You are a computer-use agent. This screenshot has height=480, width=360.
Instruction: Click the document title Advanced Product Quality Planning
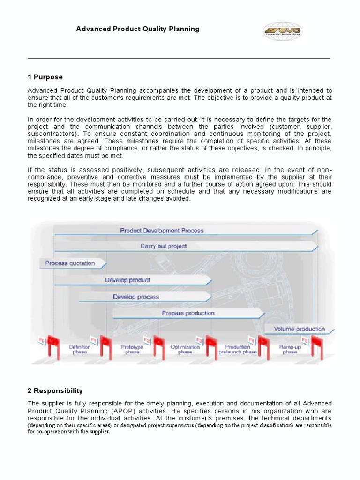pyautogui.click(x=138, y=29)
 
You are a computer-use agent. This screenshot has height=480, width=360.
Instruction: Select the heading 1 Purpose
pyautogui.click(x=45, y=77)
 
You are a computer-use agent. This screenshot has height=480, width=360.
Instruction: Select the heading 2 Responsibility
pyautogui.click(x=55, y=390)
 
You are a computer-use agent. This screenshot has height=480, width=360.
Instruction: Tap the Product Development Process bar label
pyautogui.click(x=162, y=231)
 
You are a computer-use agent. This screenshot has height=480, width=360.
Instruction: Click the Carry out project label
pyautogui.click(x=164, y=246)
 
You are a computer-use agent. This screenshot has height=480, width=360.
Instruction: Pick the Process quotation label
pyautogui.click(x=70, y=263)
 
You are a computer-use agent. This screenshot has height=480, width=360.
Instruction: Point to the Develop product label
pyautogui.click(x=127, y=280)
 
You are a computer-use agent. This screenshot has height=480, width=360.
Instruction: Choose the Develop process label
pyautogui.click(x=136, y=297)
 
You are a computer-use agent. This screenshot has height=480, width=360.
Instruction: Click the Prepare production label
pyautogui.click(x=188, y=313)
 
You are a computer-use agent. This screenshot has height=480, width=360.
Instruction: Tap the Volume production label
pyautogui.click(x=299, y=329)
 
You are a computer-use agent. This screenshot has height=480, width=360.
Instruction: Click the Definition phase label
pyautogui.click(x=80, y=350)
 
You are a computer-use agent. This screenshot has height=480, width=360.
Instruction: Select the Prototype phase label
pyautogui.click(x=132, y=350)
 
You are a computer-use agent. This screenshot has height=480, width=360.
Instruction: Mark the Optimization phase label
pyautogui.click(x=185, y=350)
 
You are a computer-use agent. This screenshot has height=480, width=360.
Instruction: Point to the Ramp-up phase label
pyautogui.click(x=290, y=350)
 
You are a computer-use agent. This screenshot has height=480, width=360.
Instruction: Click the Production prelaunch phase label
pyautogui.click(x=238, y=350)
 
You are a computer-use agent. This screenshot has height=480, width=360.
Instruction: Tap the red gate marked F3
pyautogui.click(x=207, y=346)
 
